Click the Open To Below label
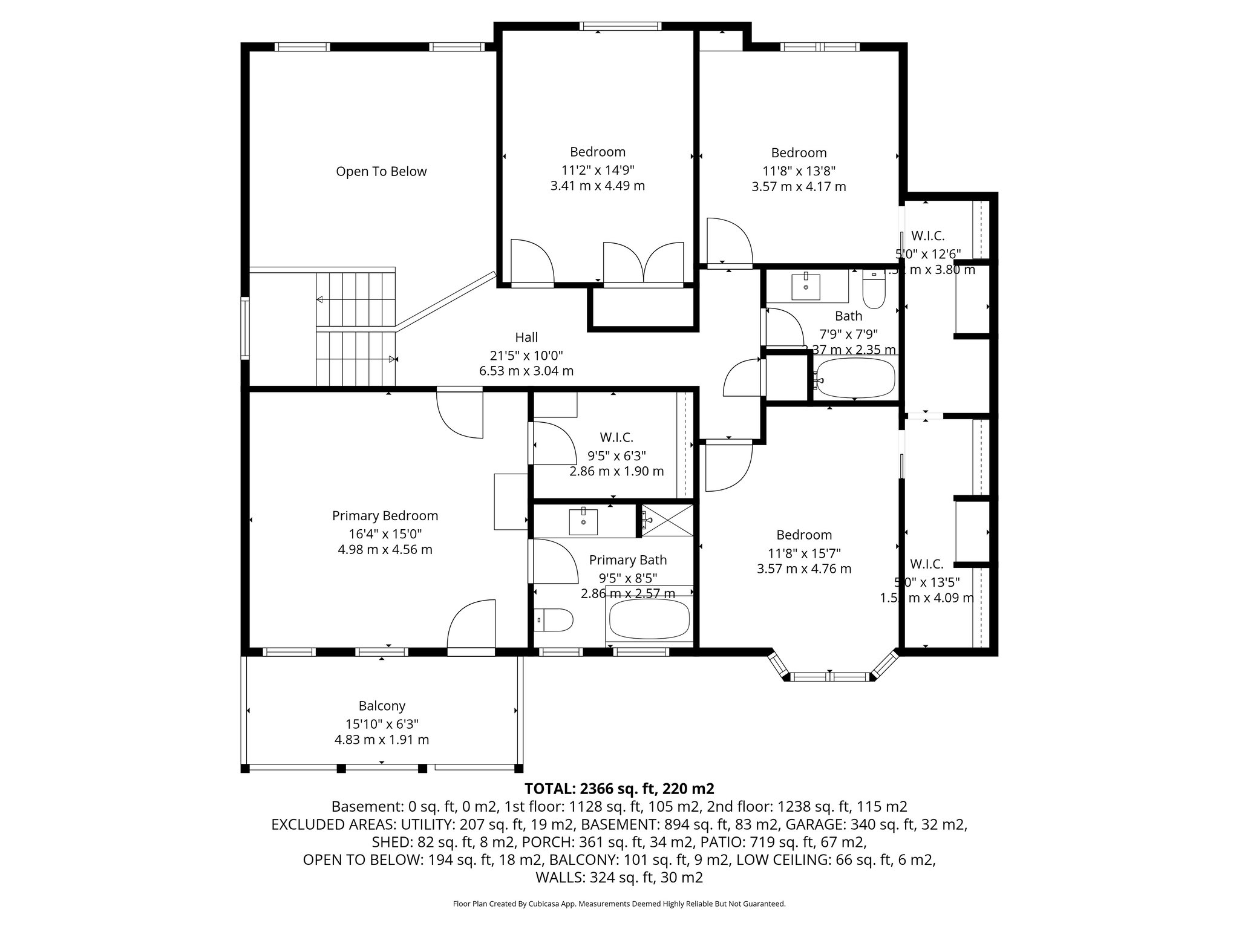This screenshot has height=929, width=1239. pos(381,172)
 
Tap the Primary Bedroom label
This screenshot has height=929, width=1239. pos(385,516)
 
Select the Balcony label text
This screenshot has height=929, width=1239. pos(382,706)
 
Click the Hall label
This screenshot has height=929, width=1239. pos(526,337)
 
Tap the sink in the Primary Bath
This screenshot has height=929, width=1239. pos(583,522)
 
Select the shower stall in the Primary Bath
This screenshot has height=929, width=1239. pos(667,520)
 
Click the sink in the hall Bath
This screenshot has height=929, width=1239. pos(806,287)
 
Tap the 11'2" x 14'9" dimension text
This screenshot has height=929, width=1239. pos(598,170)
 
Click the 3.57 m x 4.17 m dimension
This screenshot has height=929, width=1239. pos(799,187)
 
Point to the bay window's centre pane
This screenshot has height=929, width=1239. pos(830,676)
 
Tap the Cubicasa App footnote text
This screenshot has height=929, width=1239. pos(619,904)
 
